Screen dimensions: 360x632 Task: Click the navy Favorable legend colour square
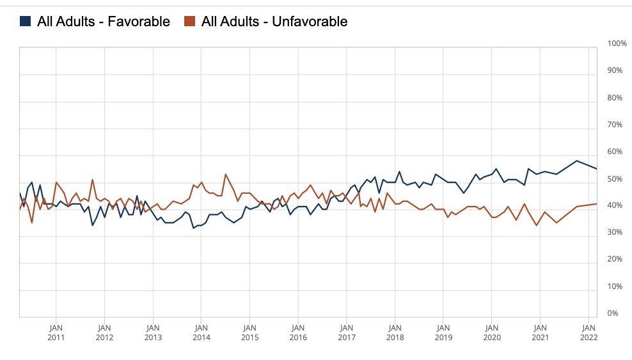pos(25,22)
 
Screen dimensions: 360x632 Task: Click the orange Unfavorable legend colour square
pos(189,22)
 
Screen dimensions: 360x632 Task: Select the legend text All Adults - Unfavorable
pos(274,22)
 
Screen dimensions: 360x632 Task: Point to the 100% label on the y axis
pos(616,43)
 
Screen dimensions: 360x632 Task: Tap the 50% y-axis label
pos(614,178)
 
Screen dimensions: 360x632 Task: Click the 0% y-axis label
pos(612,313)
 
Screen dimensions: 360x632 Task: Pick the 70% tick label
pos(614,125)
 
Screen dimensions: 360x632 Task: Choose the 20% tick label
pos(614,260)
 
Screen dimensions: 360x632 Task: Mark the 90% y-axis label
pos(614,70)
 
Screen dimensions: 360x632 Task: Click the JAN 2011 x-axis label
pos(56,333)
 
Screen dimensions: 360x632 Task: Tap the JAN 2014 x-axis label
pos(201,333)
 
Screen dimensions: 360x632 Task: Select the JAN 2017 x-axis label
pos(346,333)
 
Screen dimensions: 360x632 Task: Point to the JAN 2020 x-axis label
pos(491,333)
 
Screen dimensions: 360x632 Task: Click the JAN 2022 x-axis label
pos(589,333)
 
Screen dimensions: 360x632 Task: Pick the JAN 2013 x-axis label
pos(153,333)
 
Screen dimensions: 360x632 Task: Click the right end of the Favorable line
pos(597,169)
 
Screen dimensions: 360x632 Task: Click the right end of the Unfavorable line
pos(597,204)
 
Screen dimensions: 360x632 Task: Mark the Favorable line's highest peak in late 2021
pos(576,160)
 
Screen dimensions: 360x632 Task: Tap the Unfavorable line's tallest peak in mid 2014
pos(225,174)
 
